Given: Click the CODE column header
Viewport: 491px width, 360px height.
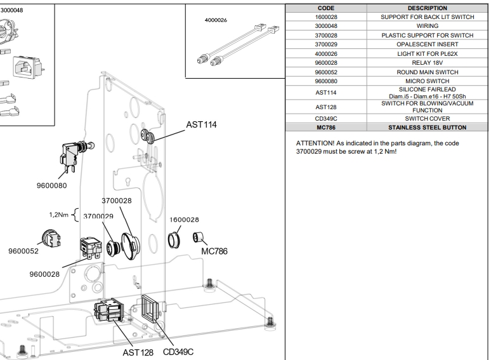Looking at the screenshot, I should (325, 8).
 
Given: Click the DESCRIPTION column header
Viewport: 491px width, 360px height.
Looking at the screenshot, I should (421, 8).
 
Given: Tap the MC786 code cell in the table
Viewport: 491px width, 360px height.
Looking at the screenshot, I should (325, 128).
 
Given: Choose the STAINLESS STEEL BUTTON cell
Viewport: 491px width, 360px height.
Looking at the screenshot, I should (421, 128).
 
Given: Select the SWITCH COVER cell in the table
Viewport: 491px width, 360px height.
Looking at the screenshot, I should (421, 119).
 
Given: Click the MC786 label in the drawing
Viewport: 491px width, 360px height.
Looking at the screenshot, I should (214, 251).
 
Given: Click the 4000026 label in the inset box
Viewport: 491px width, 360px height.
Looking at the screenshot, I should (216, 20).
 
